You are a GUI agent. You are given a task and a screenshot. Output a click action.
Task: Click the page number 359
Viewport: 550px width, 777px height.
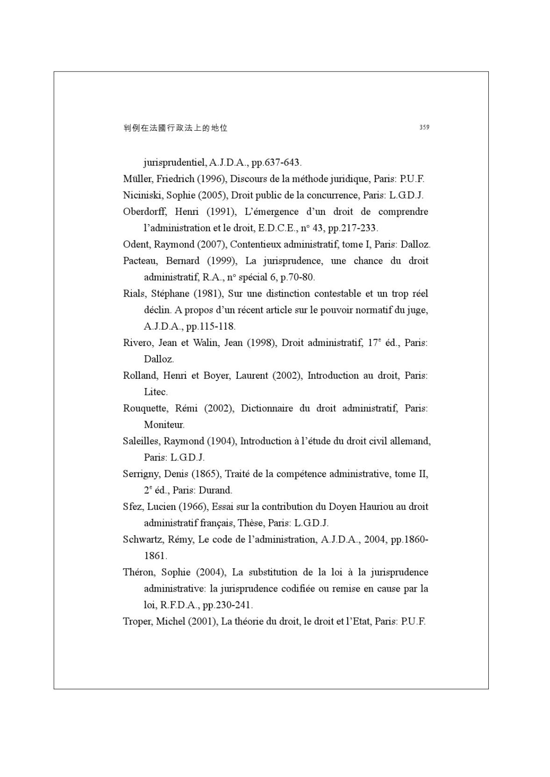(x=424, y=127)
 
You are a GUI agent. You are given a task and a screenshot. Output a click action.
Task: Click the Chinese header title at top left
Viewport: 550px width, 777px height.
(x=175, y=128)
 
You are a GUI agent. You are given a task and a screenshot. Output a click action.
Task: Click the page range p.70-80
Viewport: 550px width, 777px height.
(x=297, y=277)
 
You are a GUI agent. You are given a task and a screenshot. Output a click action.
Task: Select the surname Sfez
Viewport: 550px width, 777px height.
(x=132, y=507)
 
